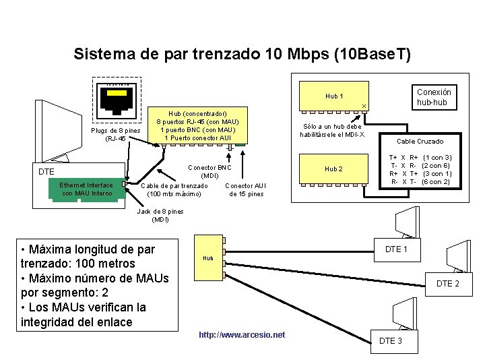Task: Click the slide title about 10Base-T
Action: pyautogui.click(x=242, y=53)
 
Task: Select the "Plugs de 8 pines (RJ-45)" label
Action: pyautogui.click(x=115, y=134)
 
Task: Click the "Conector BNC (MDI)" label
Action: pyautogui.click(x=209, y=171)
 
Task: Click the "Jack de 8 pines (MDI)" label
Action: pyautogui.click(x=160, y=215)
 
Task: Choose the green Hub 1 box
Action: pyautogui.click(x=334, y=96)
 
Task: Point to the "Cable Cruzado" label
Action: pyautogui.click(x=420, y=142)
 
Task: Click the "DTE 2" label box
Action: pyautogui.click(x=448, y=284)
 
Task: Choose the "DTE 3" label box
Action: pyautogui.click(x=391, y=340)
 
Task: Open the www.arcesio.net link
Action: pyautogui.click(x=242, y=335)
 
